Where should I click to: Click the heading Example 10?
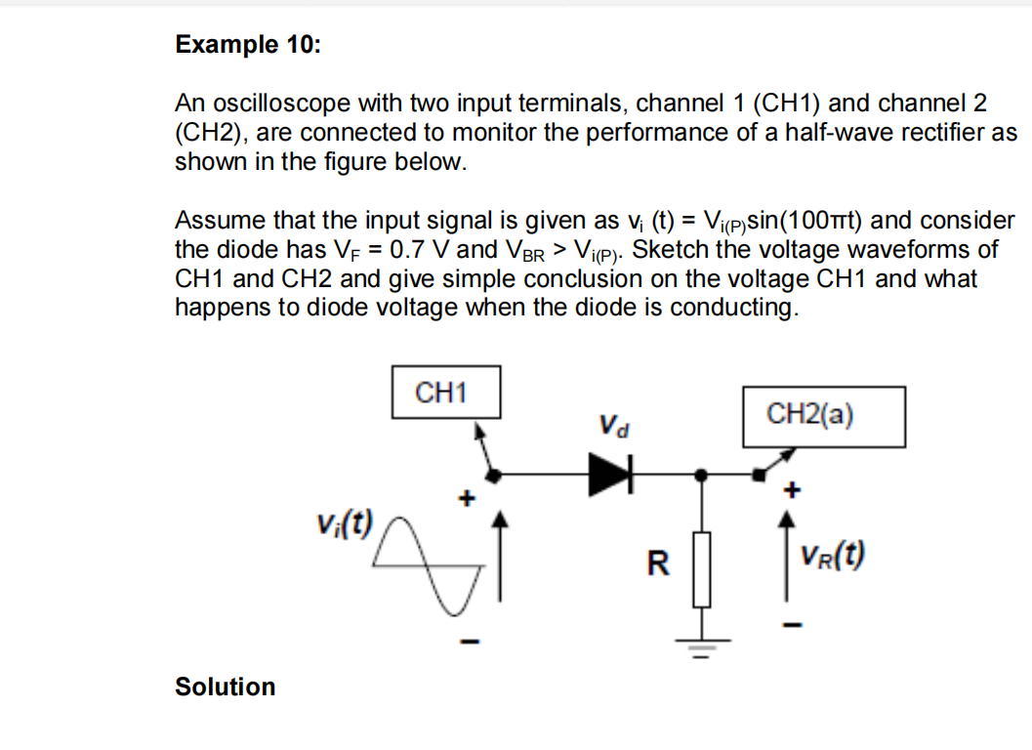246,45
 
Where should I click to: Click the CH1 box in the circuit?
445,393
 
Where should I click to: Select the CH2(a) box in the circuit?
823,415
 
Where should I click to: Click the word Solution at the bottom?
225,687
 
